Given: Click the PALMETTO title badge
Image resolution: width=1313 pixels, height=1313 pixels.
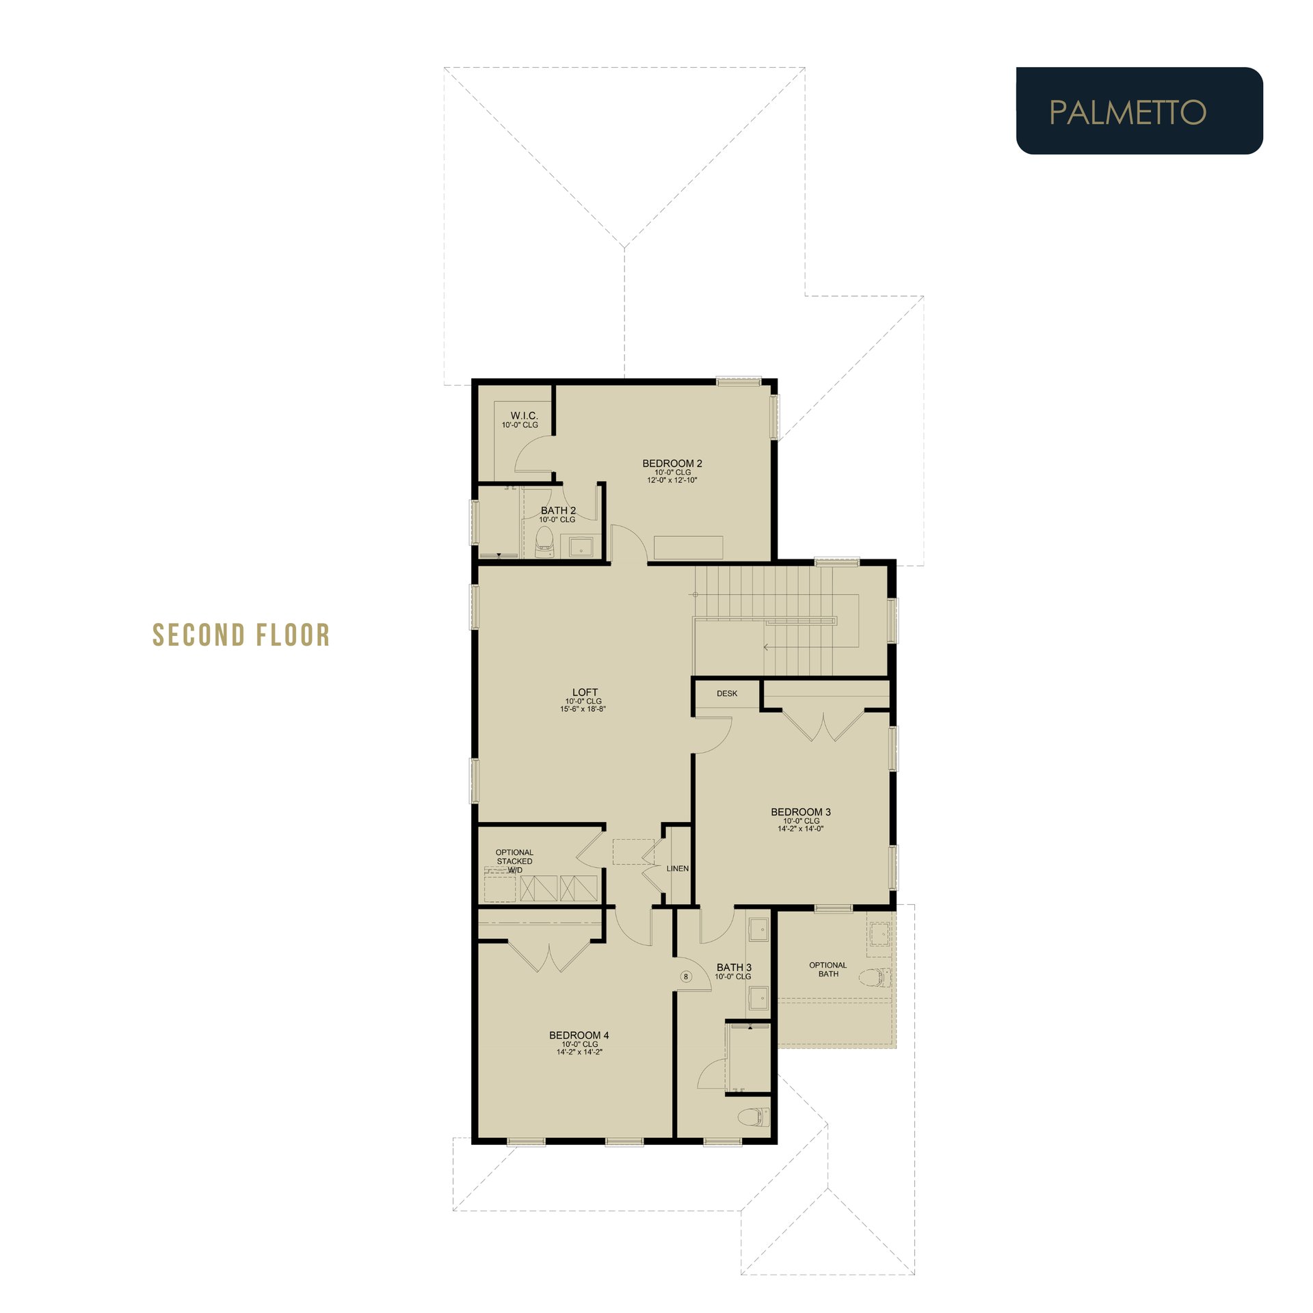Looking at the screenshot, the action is click(x=1139, y=111).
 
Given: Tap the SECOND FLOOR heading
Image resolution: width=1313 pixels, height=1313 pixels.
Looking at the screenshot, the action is click(x=241, y=635).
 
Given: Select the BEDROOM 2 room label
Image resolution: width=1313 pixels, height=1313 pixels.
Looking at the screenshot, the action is click(x=672, y=464).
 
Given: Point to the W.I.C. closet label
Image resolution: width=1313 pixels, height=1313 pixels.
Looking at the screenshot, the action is click(x=524, y=416).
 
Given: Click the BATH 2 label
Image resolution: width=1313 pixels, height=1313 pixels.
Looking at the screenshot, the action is click(x=558, y=511).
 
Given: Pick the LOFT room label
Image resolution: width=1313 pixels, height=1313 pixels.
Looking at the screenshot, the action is click(x=585, y=692).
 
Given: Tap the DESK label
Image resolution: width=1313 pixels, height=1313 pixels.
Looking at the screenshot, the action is click(x=727, y=693).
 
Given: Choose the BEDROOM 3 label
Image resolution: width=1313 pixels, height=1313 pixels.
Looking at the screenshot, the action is click(x=801, y=812).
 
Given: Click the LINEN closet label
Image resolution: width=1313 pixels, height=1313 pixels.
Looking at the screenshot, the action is click(x=678, y=868).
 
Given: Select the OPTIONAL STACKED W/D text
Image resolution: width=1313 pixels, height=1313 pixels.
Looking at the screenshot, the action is click(x=514, y=861).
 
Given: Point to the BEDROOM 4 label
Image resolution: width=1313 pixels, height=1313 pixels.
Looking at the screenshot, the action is click(x=579, y=1035).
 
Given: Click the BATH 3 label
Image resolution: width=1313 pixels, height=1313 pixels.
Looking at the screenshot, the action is click(x=734, y=967).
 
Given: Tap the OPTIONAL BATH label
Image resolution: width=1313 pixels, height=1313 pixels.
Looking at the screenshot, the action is click(x=828, y=969).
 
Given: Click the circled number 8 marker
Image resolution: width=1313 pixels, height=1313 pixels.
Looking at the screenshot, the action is click(x=686, y=977).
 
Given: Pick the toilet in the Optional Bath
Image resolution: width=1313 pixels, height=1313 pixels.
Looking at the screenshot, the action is click(x=875, y=977).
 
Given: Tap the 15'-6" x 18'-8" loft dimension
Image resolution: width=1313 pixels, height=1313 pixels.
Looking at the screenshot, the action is click(x=583, y=709).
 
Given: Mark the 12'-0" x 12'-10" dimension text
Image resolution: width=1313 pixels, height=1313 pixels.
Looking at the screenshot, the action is click(x=672, y=480).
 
